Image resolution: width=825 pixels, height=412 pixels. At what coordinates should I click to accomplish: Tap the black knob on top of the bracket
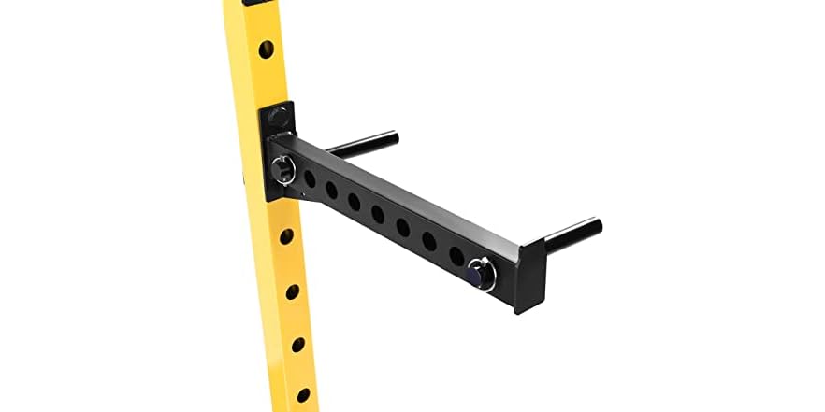click(277, 119)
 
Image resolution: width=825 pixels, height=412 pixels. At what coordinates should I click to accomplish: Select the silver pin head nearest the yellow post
click(282, 169)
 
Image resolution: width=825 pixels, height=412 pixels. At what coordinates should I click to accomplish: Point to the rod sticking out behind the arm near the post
click(365, 143)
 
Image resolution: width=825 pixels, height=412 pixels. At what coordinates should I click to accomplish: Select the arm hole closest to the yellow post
click(310, 178)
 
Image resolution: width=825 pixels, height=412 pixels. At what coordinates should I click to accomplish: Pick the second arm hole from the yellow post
click(331, 189)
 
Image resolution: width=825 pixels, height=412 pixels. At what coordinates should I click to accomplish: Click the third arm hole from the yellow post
click(354, 201)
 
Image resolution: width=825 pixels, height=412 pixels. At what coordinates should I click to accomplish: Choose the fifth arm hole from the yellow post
click(402, 226)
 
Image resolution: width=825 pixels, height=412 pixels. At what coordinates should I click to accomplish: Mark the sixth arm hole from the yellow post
click(428, 240)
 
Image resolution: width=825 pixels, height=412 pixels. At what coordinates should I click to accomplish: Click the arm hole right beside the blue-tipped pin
click(456, 254)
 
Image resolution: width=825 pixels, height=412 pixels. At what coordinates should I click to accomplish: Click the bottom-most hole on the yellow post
click(302, 395)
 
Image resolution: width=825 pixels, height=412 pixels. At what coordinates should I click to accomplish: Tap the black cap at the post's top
click(251, 3)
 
